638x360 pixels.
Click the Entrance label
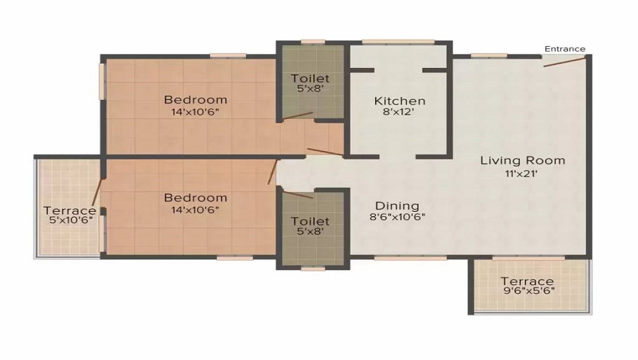tap(564, 49)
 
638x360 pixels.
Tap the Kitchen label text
tap(400, 101)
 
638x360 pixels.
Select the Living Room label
tap(522, 160)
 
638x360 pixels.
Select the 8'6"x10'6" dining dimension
tap(397, 218)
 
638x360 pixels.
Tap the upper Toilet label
tap(310, 78)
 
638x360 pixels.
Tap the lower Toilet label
tap(310, 222)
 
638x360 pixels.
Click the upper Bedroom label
tap(196, 99)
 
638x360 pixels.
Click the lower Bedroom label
tap(196, 197)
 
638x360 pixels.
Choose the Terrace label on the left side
tap(69, 210)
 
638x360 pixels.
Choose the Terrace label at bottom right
tap(527, 281)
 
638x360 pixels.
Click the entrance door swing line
tap(565, 62)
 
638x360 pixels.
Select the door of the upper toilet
tap(298, 115)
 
